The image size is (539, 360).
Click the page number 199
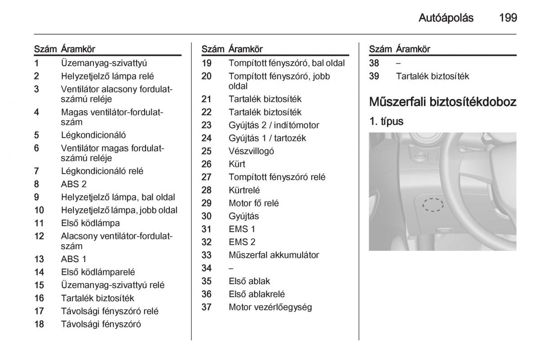click(508, 18)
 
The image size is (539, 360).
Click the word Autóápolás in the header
click(446, 18)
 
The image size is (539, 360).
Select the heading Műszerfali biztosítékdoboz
click(442, 101)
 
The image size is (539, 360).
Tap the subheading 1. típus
click(386, 121)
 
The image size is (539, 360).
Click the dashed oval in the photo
click(433, 205)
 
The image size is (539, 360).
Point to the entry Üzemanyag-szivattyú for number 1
click(104, 63)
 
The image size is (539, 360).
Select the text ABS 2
click(74, 184)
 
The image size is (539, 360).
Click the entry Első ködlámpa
click(90, 223)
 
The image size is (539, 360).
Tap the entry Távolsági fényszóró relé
click(110, 311)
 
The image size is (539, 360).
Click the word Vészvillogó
click(251, 151)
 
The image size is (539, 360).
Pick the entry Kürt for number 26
click(237, 164)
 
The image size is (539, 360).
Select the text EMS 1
click(242, 229)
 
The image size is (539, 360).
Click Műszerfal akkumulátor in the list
click(274, 255)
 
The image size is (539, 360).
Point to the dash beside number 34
click(231, 268)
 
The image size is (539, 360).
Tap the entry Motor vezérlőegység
click(270, 307)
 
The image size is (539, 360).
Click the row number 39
click(374, 76)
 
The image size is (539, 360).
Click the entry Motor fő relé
click(253, 203)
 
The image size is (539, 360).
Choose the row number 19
click(206, 63)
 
